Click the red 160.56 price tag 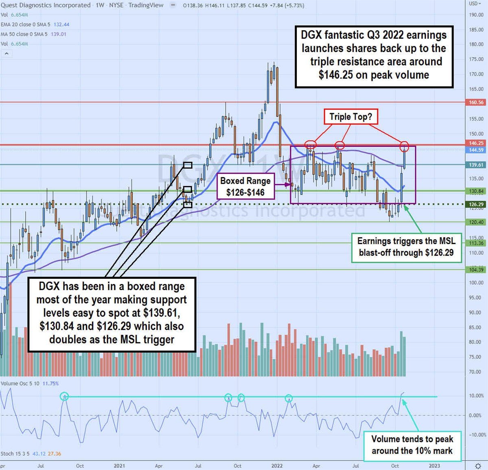[x=476, y=103]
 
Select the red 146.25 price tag [x=476, y=143]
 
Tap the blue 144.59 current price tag [x=476, y=150]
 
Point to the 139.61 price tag [x=476, y=165]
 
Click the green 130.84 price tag [x=476, y=191]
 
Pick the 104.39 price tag [x=476, y=270]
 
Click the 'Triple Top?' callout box [x=351, y=117]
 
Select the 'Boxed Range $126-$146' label [x=245, y=187]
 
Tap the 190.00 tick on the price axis [x=476, y=15]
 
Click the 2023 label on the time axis [x=434, y=466]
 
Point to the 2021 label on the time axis [x=119, y=466]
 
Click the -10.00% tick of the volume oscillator [x=476, y=435]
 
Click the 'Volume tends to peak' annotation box [x=412, y=445]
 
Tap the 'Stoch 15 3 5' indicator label [x=15, y=453]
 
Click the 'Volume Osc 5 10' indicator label [x=20, y=383]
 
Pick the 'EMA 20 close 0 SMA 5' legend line [x=25, y=24]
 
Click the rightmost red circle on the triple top [x=404, y=146]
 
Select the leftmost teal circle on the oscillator [x=64, y=396]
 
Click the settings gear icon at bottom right [x=478, y=466]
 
